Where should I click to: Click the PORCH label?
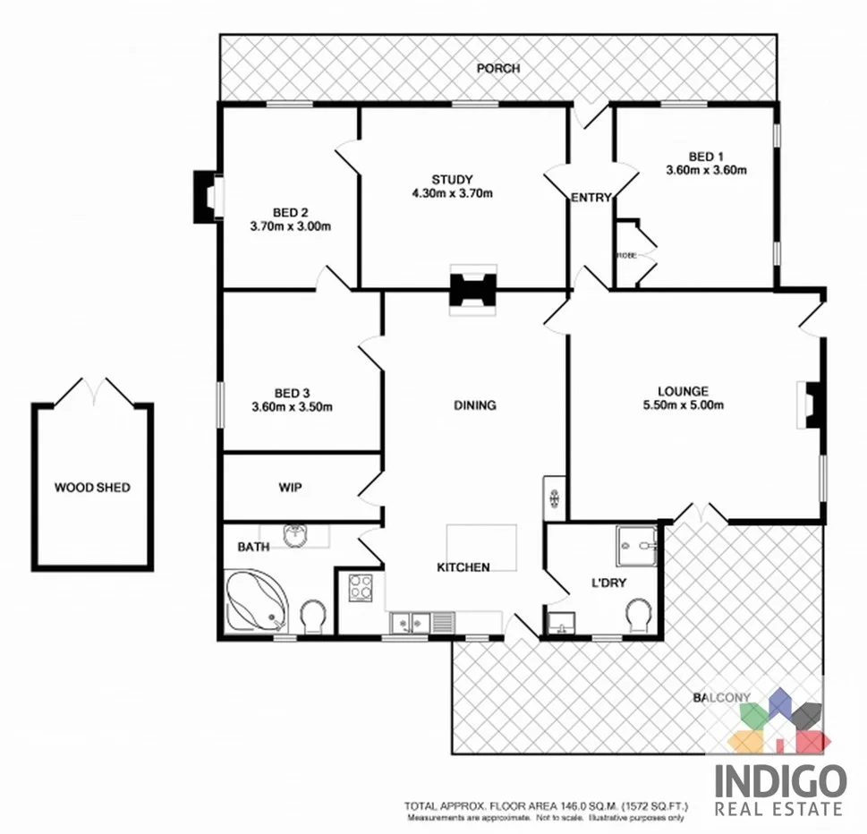(x=497, y=68)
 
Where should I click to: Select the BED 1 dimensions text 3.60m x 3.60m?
(x=706, y=169)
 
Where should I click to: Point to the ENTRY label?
(x=591, y=198)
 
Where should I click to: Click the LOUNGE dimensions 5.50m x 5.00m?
(x=683, y=405)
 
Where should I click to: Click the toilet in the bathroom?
(x=313, y=617)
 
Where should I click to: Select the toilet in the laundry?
(x=638, y=615)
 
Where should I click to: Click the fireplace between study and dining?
(x=472, y=291)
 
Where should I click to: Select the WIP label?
(x=290, y=488)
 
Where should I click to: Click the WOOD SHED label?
(x=92, y=488)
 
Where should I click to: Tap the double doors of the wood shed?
(x=93, y=391)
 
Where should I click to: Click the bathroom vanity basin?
(x=296, y=535)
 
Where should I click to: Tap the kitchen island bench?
(x=482, y=545)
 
